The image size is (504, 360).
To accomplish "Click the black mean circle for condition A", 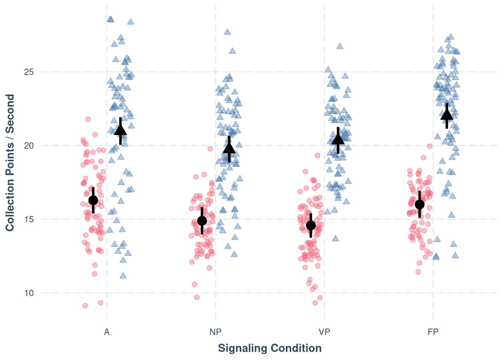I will tap(93, 200).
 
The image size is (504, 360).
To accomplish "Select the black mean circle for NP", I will tap(202, 220).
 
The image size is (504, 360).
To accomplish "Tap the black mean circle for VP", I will tap(311, 225).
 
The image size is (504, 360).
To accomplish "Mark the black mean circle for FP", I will tap(420, 204).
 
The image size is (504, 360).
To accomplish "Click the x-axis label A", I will tap(107, 332).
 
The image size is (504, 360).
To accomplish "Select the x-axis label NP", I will tap(216, 332).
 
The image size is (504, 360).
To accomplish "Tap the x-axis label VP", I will tap(324, 332).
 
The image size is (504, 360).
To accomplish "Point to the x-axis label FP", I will tap(433, 332).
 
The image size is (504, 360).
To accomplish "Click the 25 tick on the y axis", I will tap(29, 72).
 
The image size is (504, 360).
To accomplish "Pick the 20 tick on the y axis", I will tap(29, 146).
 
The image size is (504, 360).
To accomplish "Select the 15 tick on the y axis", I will tap(29, 219).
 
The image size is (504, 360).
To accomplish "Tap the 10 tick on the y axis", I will tap(29, 293).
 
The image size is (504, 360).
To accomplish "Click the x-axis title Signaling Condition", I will tap(270, 348).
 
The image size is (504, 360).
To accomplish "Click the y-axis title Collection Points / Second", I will tap(10, 163).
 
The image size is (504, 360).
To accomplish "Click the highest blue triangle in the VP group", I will tap(340, 46).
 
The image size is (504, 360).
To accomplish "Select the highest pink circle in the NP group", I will tap(210, 149).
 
